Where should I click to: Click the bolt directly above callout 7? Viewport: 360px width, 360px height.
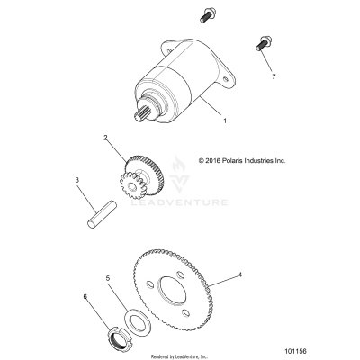[262, 41]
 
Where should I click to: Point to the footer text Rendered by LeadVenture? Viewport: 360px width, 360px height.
[179, 355]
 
